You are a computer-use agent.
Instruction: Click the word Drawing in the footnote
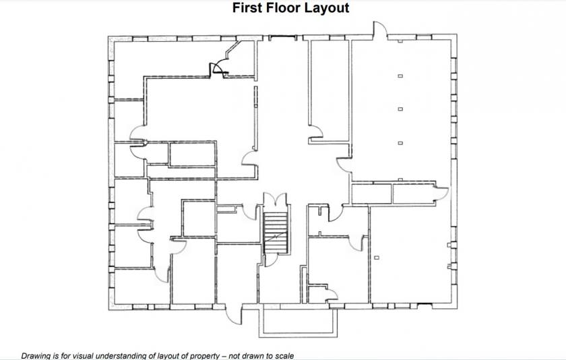pyautogui.click(x=36, y=356)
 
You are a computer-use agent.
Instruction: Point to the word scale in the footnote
pyautogui.click(x=285, y=356)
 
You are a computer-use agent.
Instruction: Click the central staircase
pyautogui.click(x=276, y=233)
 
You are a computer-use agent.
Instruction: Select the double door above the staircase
pyautogui.click(x=276, y=200)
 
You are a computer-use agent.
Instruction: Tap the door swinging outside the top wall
pyautogui.click(x=380, y=28)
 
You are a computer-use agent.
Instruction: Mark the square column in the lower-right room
pyautogui.click(x=377, y=258)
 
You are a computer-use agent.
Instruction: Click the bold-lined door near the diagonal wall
pyautogui.click(x=220, y=69)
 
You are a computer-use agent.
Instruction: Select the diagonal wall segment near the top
pyautogui.click(x=232, y=49)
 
